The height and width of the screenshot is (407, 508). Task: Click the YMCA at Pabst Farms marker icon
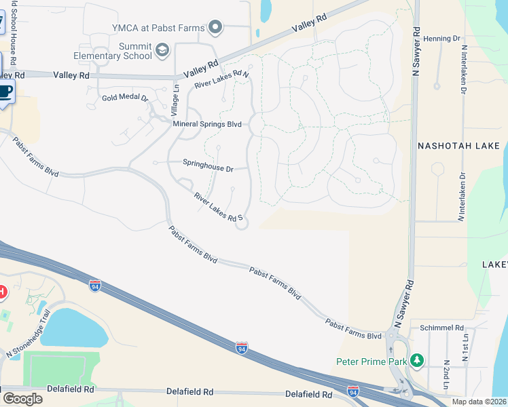[x=216, y=28]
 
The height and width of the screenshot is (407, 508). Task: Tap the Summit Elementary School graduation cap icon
[x=162, y=50]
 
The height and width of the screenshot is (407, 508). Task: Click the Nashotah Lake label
[x=458, y=146]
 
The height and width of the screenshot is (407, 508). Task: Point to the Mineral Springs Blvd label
[x=207, y=124]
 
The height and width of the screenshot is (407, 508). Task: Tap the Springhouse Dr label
[x=208, y=163]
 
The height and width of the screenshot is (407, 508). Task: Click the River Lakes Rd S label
[x=218, y=208]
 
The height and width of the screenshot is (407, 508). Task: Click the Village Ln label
[x=175, y=99]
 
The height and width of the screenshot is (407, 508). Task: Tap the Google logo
[x=22, y=399]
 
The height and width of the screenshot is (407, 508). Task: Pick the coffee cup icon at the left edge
[x=5, y=91]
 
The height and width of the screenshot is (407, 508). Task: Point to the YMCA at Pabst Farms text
[x=160, y=28]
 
